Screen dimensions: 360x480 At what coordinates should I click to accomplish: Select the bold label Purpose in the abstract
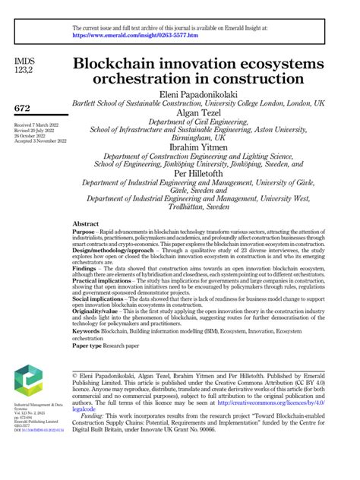pos(84,234)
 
